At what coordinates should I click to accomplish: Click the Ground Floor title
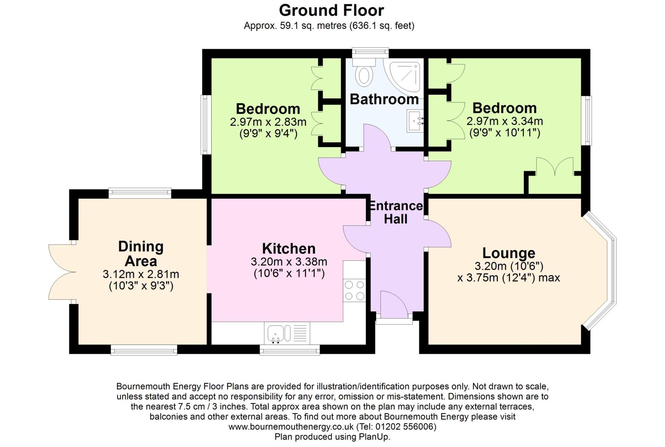[331, 10]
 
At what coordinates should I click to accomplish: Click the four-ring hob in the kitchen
[354, 290]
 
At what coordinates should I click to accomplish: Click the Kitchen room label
[289, 249]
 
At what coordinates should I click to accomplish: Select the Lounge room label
[508, 253]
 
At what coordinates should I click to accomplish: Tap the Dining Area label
[141, 254]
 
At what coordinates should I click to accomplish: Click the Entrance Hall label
[395, 213]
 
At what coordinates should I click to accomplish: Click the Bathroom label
[384, 99]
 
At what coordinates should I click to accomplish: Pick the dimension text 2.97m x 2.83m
[268, 122]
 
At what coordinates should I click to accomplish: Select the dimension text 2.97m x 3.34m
[505, 121]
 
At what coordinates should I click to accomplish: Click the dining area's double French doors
[62, 272]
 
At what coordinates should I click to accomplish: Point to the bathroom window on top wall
[370, 52]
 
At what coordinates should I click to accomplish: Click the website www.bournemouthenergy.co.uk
[291, 427]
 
